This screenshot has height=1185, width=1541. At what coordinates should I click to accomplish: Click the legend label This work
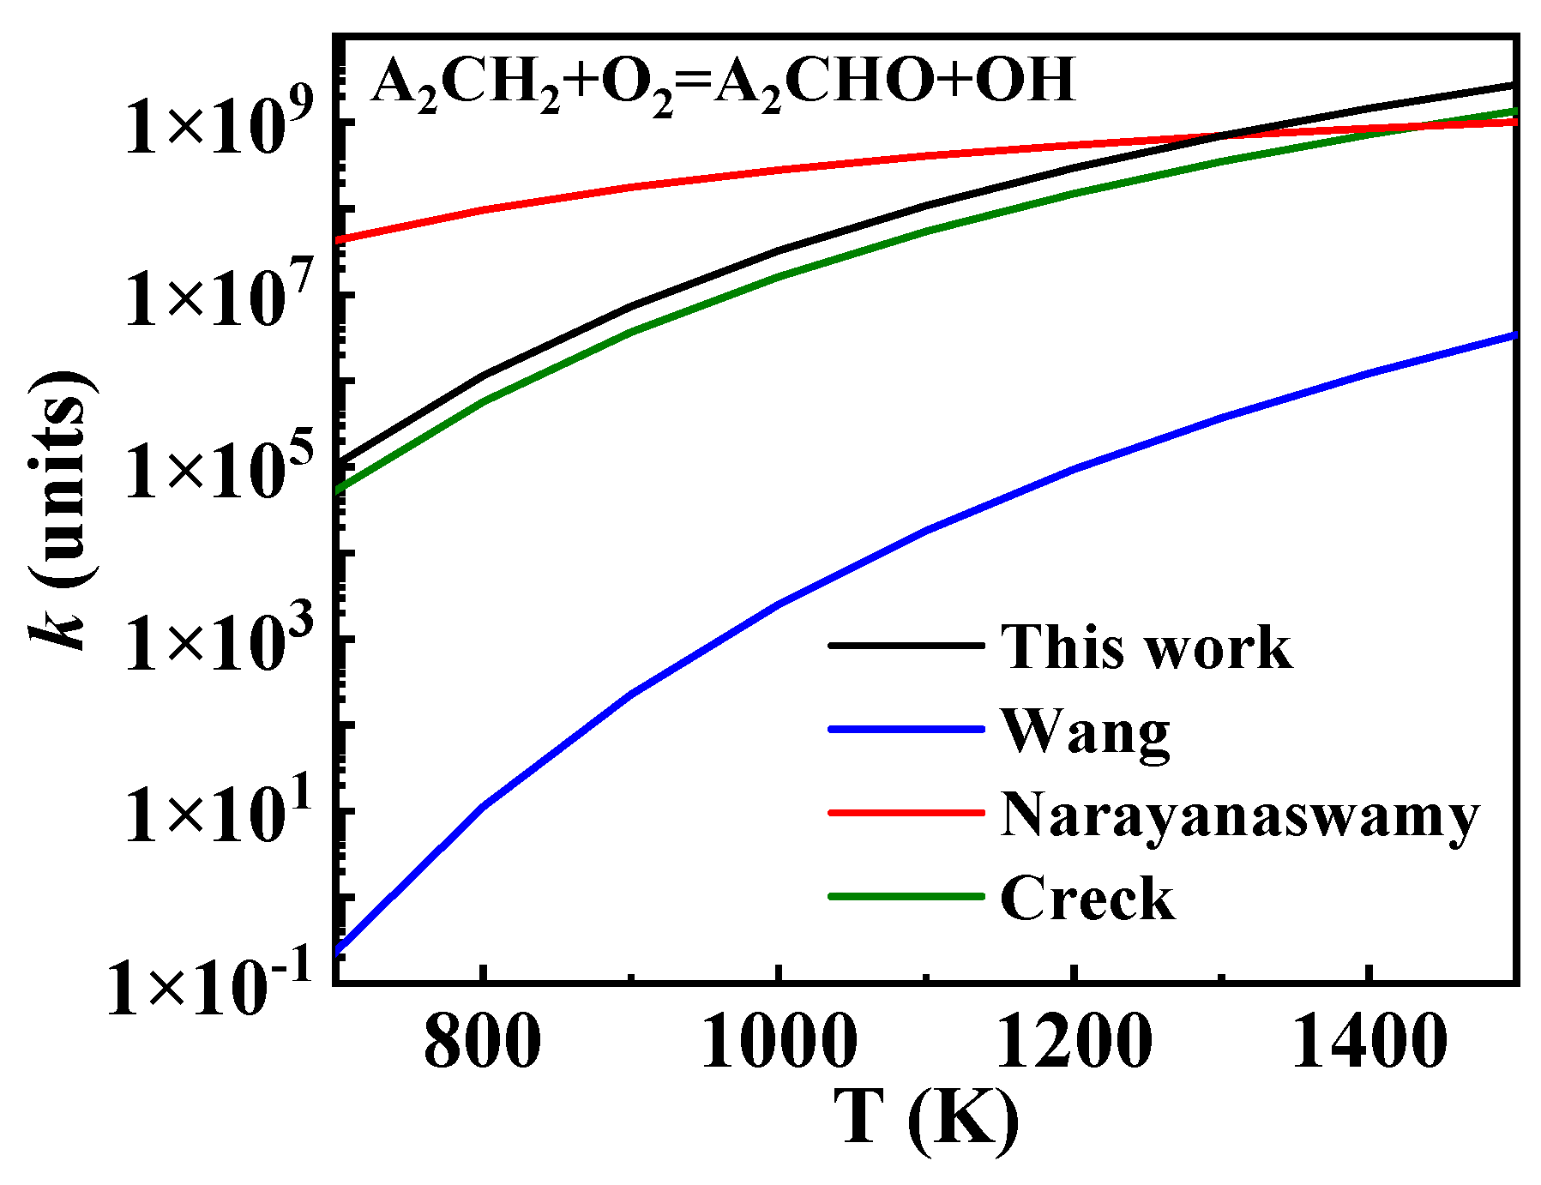tap(1146, 647)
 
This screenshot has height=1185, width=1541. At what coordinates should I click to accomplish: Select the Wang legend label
tap(1085, 731)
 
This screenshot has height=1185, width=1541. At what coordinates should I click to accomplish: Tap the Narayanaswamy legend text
tap(1239, 815)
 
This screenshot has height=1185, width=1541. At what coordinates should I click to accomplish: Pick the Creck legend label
tap(1087, 899)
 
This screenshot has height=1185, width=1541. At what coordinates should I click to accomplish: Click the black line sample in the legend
tap(906, 645)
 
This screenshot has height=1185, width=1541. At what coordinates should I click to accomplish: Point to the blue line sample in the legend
tap(906, 729)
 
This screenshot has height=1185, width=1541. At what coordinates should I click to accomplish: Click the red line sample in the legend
tap(906, 812)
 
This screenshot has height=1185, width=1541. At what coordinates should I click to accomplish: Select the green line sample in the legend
tap(906, 896)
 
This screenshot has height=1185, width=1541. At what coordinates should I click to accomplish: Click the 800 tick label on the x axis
tap(483, 1043)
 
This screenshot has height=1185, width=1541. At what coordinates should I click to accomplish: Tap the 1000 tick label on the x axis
tap(779, 1043)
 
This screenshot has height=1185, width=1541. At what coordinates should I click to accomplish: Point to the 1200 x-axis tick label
tap(1074, 1043)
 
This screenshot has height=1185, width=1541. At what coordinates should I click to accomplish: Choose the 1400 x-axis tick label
tap(1369, 1043)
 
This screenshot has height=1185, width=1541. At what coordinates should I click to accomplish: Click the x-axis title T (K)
tap(926, 1119)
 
